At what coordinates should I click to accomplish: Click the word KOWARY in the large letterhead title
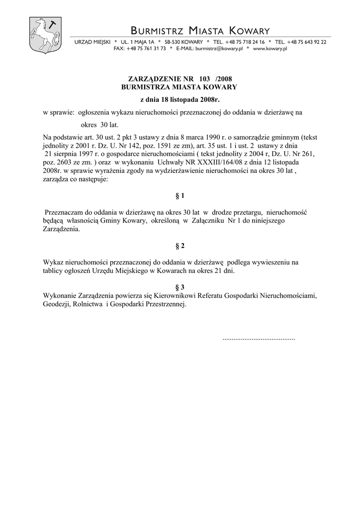243,31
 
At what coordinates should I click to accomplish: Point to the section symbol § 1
180,196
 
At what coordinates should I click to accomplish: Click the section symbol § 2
180,246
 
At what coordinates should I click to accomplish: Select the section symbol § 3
180,287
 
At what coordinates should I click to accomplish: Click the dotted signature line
259,338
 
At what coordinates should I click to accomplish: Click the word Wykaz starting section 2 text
53,262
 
